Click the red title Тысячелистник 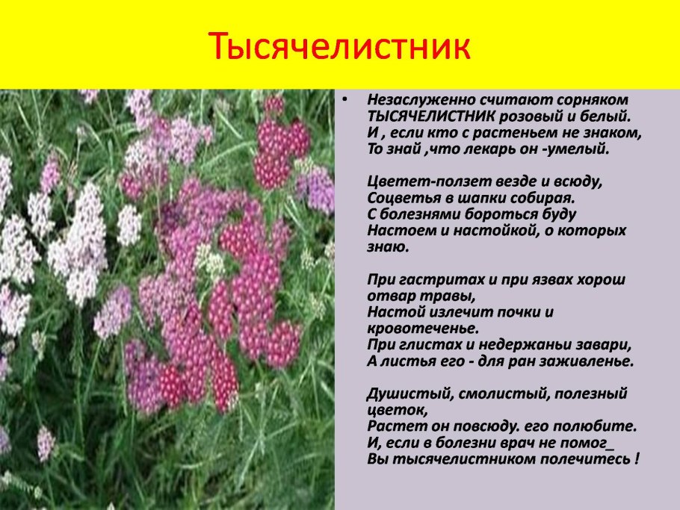pos(339,47)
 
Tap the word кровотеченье pos(422,329)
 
